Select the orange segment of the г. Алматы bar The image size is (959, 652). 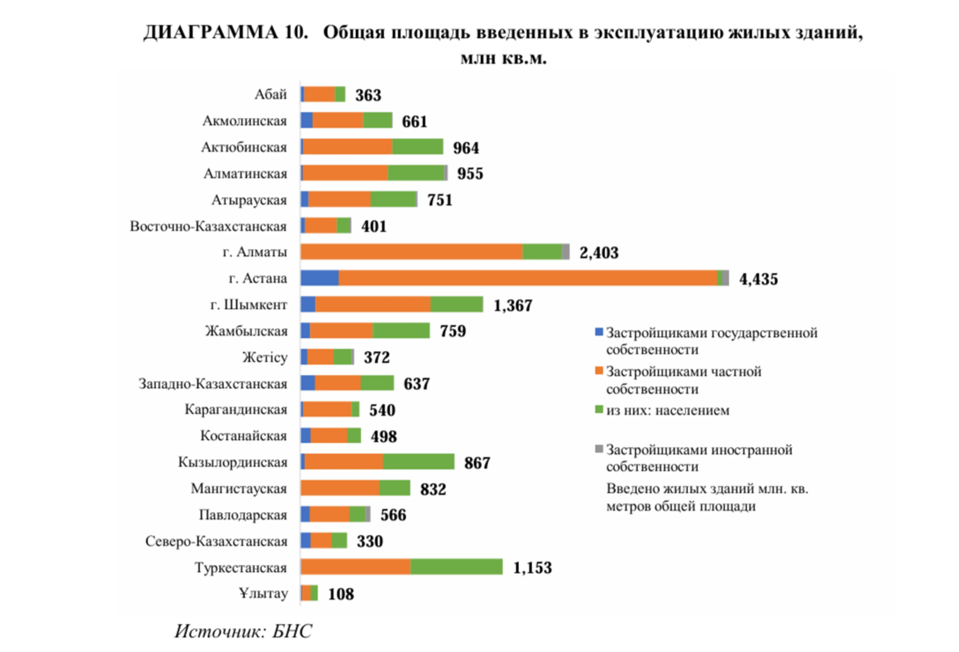(x=411, y=252)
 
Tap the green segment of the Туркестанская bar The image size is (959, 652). (x=456, y=567)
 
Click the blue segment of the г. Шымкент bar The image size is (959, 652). (x=308, y=304)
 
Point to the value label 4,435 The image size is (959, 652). (x=758, y=279)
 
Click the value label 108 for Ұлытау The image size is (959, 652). (x=341, y=594)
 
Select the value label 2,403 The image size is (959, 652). (x=599, y=252)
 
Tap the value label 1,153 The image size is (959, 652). (x=532, y=567)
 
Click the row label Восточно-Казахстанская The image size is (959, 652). (x=208, y=226)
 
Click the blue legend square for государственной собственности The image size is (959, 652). (x=599, y=332)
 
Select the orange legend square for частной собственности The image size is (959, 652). (x=599, y=371)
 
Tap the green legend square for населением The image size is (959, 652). (x=599, y=409)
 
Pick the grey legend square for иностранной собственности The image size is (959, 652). (x=599, y=449)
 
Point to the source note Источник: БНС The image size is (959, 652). (x=243, y=631)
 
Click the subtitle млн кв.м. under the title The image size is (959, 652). (x=503, y=59)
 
